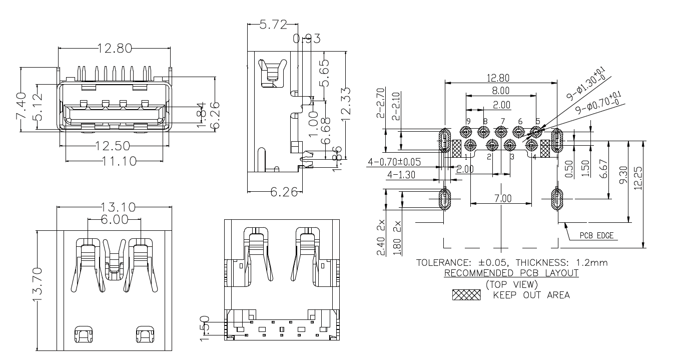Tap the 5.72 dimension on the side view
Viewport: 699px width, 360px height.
pyautogui.click(x=273, y=24)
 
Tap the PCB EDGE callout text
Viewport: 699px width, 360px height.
pyautogui.click(x=596, y=236)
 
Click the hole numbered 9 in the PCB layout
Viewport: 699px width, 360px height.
pyautogui.click(x=465, y=132)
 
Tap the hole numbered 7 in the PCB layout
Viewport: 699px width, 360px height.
pyautogui.click(x=501, y=132)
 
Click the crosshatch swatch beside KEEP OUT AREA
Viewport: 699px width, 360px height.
pyautogui.click(x=466, y=295)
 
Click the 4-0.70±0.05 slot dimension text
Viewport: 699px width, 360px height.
pyautogui.click(x=394, y=162)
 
